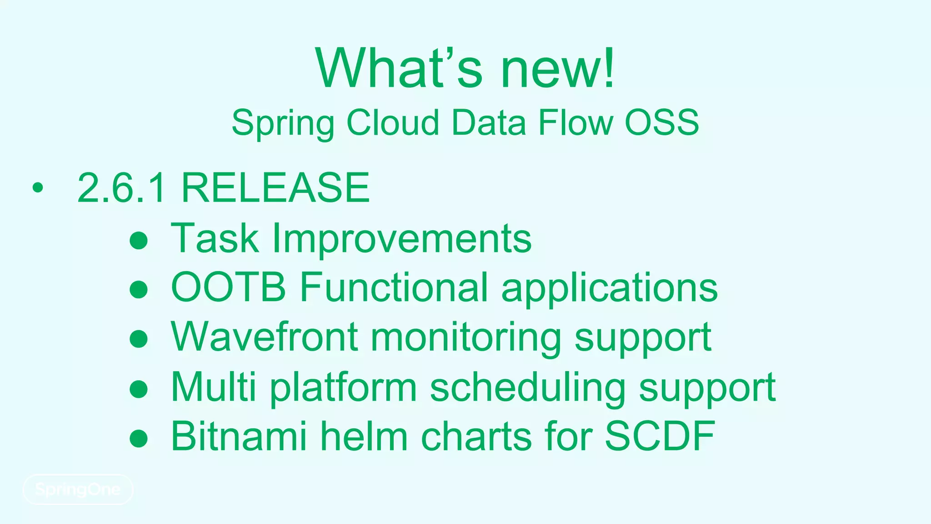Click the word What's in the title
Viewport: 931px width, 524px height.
click(398, 68)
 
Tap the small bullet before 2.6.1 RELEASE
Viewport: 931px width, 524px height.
click(38, 188)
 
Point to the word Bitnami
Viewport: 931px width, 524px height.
click(239, 436)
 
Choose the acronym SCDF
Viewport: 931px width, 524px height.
click(660, 436)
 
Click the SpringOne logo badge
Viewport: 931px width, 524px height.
click(78, 489)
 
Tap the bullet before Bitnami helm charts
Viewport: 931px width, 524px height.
click(139, 438)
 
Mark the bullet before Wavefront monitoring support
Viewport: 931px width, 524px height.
click(139, 339)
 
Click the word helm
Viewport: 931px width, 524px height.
click(364, 436)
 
